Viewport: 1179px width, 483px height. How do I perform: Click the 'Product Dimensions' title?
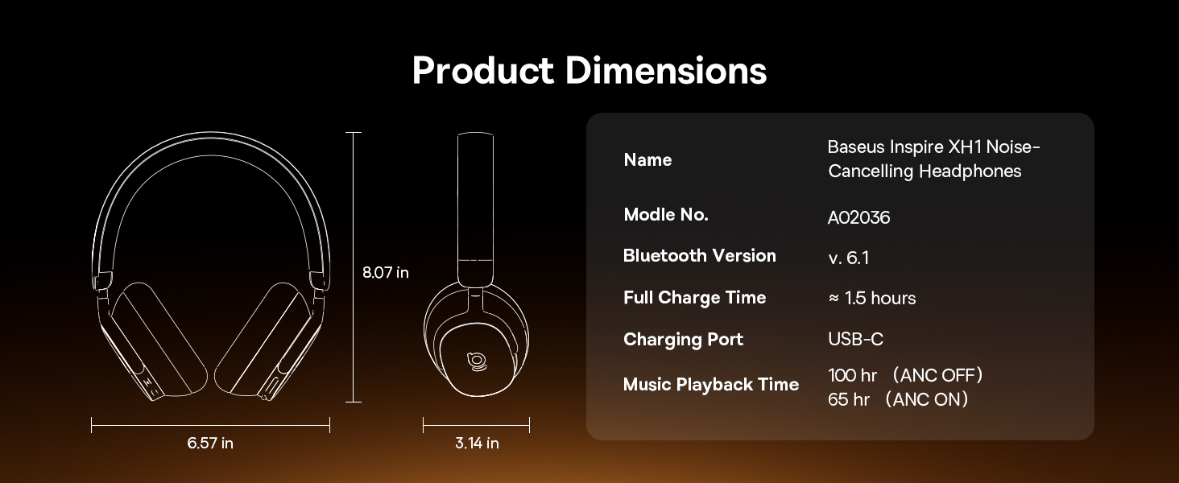point(589,71)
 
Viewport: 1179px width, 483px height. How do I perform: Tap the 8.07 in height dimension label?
point(385,273)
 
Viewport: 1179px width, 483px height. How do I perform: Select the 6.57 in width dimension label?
point(210,443)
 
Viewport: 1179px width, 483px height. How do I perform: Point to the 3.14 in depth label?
point(477,443)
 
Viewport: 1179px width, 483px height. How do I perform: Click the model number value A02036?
point(858,217)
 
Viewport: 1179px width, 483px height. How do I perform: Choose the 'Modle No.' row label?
point(666,215)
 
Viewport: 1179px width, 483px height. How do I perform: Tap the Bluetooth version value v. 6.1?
point(849,258)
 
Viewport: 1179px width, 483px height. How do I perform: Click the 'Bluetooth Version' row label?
point(700,256)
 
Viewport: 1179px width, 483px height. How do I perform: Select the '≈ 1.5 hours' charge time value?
point(872,299)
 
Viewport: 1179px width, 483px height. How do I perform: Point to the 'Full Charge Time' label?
point(695,298)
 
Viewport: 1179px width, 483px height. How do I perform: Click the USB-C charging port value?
point(856,340)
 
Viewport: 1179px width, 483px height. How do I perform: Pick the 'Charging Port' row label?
point(683,340)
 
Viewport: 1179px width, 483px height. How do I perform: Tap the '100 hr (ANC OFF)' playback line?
point(905,375)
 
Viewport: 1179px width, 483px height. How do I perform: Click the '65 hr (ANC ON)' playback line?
point(898,399)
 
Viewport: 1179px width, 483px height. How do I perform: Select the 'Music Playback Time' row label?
point(711,385)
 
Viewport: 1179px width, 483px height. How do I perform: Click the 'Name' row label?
point(647,160)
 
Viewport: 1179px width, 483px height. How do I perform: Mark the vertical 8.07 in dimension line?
point(354,267)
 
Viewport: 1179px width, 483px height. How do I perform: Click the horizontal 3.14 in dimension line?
point(476,425)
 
